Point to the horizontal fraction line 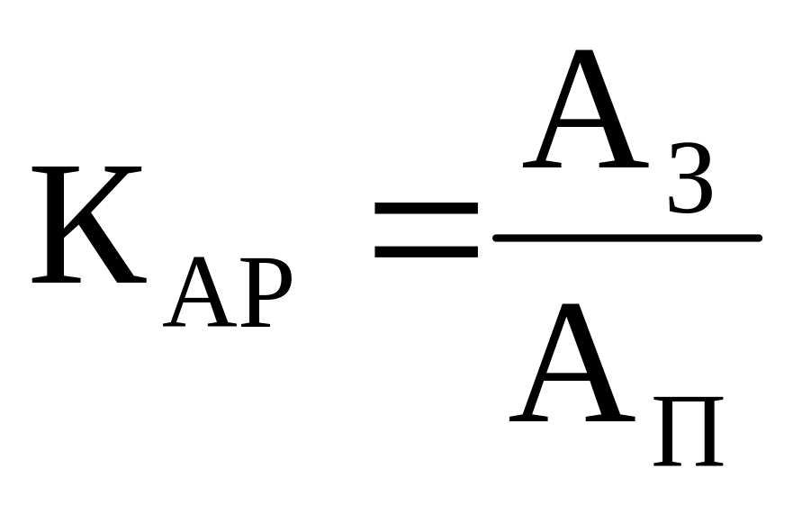click(627, 238)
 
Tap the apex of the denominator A click(573, 306)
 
